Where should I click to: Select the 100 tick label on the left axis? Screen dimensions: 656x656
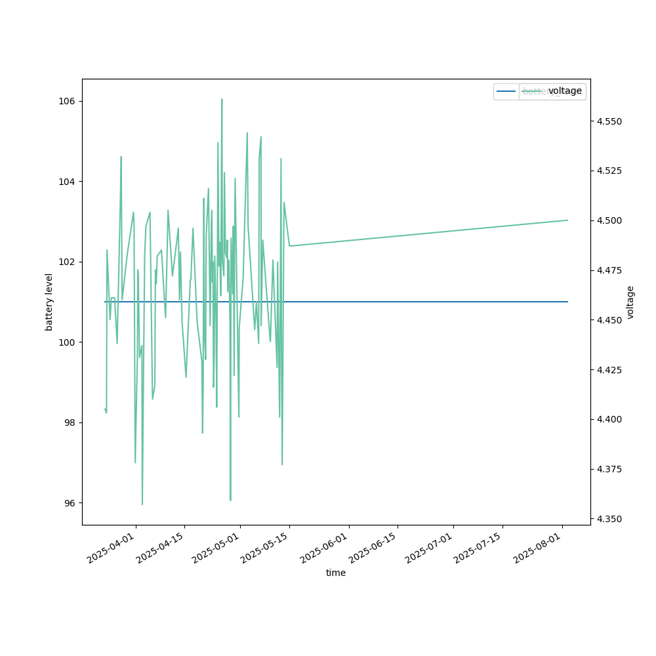pos(68,342)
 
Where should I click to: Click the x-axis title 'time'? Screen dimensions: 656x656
pos(336,573)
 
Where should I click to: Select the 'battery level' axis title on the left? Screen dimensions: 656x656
pos(49,302)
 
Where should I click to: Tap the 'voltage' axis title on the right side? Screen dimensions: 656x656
pos(630,302)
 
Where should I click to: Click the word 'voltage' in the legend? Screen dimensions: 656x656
pos(565,91)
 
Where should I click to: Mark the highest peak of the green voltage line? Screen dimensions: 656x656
pos(222,99)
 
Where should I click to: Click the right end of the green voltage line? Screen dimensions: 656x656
pos(567,220)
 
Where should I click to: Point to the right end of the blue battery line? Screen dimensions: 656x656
pos(567,302)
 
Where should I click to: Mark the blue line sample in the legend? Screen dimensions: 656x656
pos(506,91)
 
